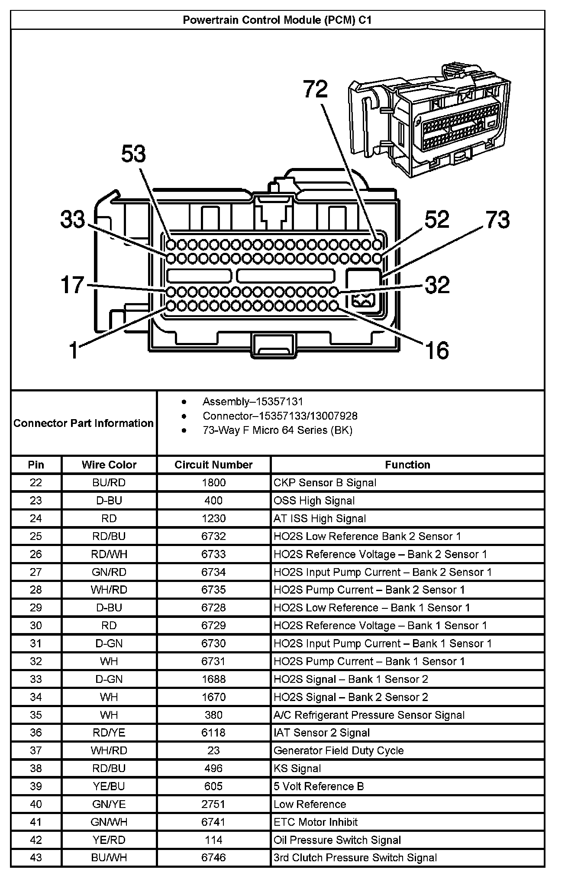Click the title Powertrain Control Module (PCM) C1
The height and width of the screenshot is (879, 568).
pyautogui.click(x=277, y=20)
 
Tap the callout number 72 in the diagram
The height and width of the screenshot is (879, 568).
pyautogui.click(x=315, y=90)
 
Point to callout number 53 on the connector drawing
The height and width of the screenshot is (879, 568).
pyautogui.click(x=133, y=154)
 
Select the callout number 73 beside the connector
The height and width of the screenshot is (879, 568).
pyautogui.click(x=497, y=220)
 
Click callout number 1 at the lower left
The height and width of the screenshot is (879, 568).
pyautogui.click(x=74, y=350)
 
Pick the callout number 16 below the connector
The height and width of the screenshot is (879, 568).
pyautogui.click(x=437, y=350)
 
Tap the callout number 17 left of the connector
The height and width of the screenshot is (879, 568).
pyautogui.click(x=72, y=285)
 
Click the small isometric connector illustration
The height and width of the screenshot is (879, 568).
pyautogui.click(x=431, y=121)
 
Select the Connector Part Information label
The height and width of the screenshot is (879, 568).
pyautogui.click(x=84, y=423)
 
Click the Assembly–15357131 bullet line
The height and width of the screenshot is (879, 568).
pyautogui.click(x=253, y=401)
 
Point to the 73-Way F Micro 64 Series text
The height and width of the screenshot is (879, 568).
pyautogui.click(x=277, y=430)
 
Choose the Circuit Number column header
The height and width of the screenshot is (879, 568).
pyautogui.click(x=213, y=465)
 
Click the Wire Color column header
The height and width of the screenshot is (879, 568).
pyautogui.click(x=109, y=465)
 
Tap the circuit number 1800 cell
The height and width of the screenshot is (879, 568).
pyautogui.click(x=213, y=482)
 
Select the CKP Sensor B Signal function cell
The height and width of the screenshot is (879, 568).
pyautogui.click(x=325, y=482)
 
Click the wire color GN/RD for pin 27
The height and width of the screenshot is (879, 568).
pyautogui.click(x=109, y=572)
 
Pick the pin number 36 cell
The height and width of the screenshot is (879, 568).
pyautogui.click(x=36, y=733)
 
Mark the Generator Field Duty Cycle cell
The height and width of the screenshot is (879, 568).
pyautogui.click(x=339, y=750)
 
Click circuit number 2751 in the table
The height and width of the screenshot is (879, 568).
pyautogui.click(x=213, y=804)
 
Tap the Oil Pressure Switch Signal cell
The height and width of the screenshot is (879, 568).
pyautogui.click(x=337, y=840)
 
